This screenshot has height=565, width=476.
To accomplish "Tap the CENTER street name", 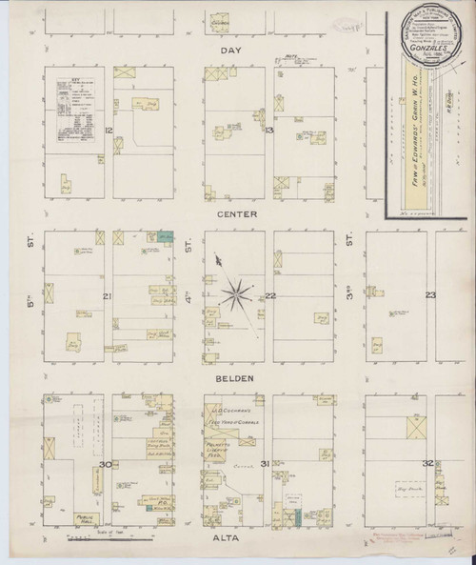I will click(237, 214).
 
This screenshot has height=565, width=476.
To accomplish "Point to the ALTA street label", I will click(235, 538).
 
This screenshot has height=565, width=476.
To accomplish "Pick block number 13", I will click(270, 129).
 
